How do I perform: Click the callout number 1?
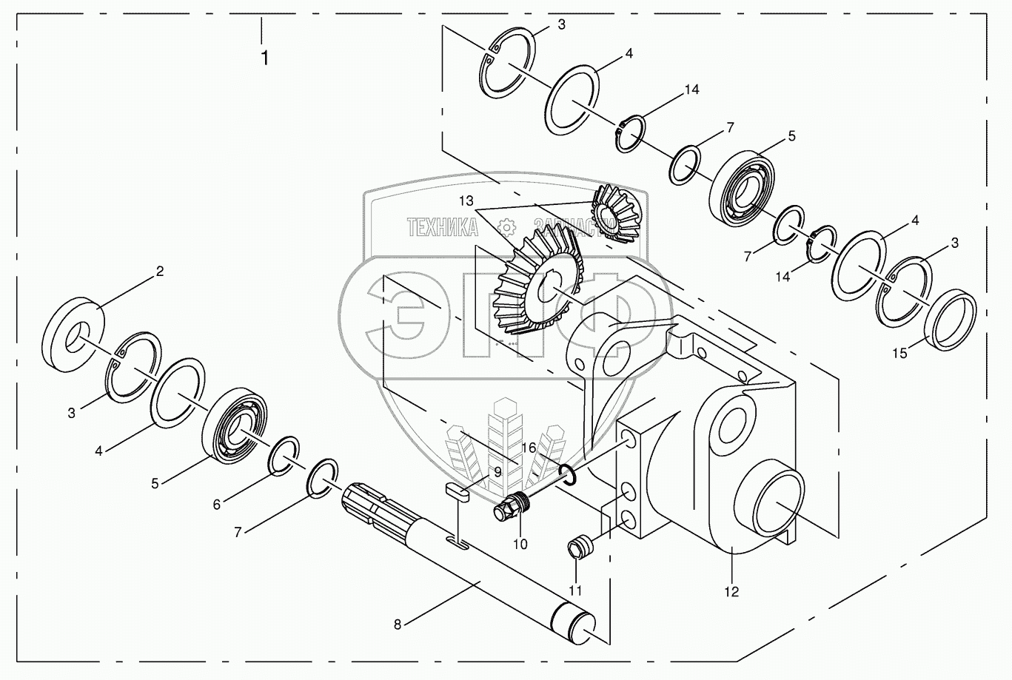pos(264,58)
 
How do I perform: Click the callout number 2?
pos(159,272)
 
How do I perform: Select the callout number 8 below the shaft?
pos(398,624)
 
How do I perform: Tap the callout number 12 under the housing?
pos(731,591)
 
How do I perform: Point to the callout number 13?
pos(465,201)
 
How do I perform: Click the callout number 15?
pos(899,354)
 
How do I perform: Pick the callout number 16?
pos(528,448)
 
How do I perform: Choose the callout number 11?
pos(575,590)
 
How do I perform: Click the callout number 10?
pos(520,544)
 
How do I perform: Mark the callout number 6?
pos(217,504)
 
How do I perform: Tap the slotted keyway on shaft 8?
pos(458,545)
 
